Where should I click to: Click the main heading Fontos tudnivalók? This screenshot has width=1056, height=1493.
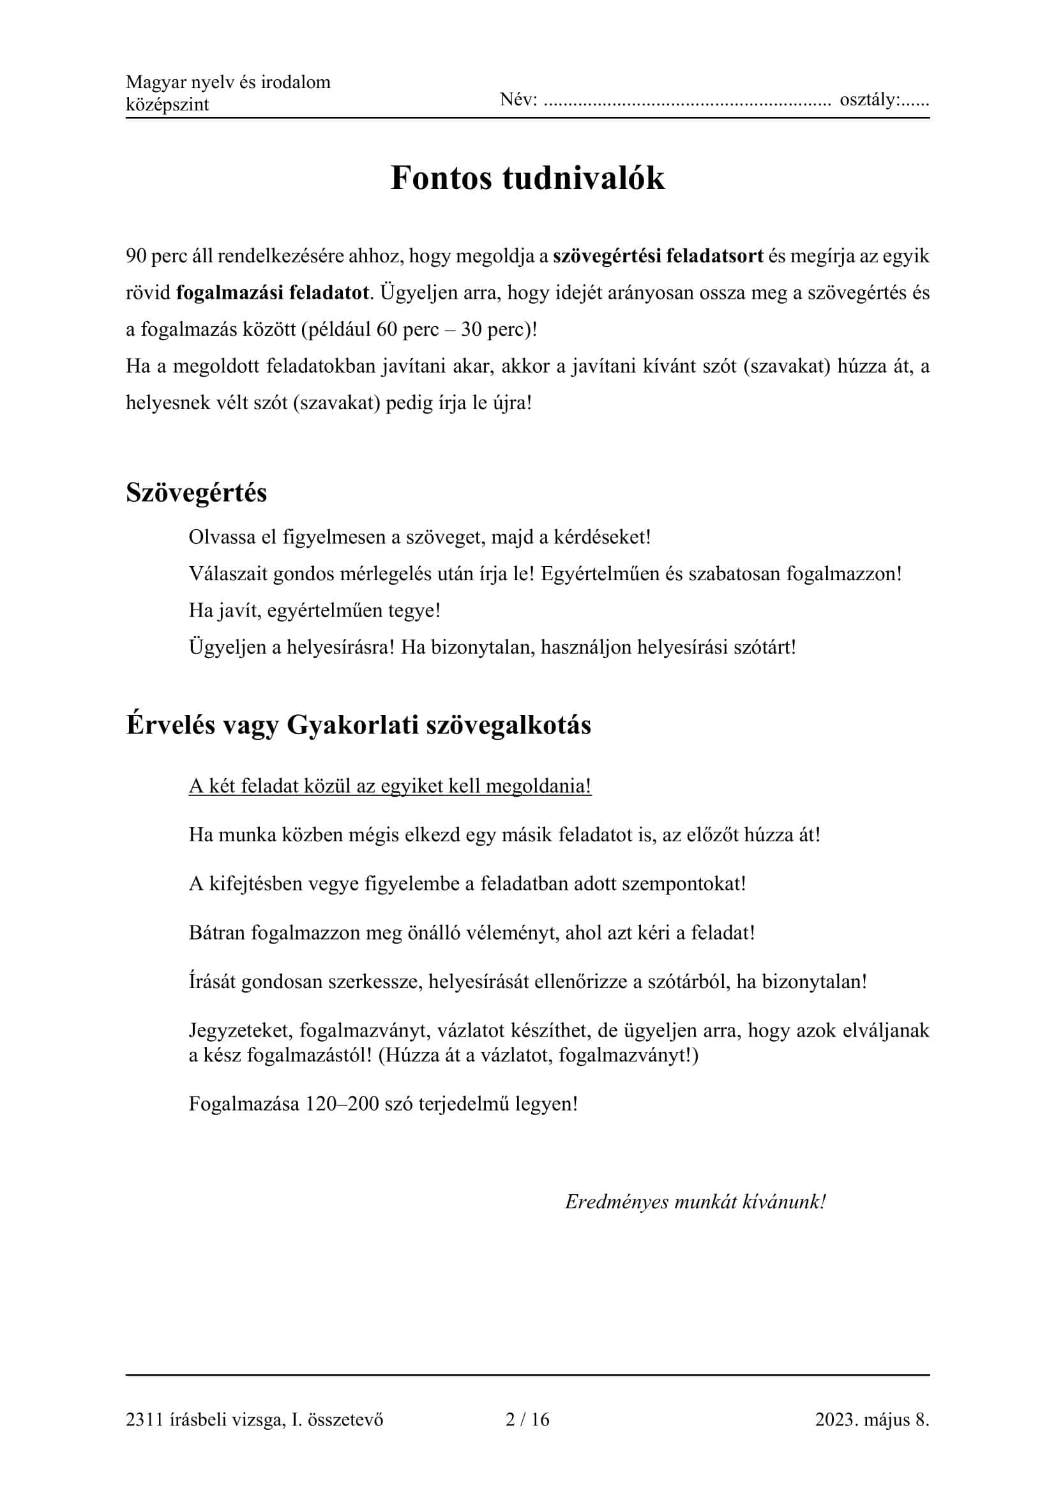[527, 178]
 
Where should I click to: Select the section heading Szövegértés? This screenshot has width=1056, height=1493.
[197, 492]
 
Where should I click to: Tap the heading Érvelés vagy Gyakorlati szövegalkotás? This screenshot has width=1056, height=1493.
[358, 725]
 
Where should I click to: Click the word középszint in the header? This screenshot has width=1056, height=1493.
[167, 105]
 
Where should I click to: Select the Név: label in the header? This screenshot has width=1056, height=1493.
[518, 100]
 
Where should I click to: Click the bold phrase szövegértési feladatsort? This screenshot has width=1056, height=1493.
[658, 256]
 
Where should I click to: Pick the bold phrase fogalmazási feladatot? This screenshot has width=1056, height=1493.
[273, 292]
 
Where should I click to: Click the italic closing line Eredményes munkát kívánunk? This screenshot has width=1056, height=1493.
[695, 1202]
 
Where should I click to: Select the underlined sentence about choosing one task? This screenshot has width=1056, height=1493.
[390, 786]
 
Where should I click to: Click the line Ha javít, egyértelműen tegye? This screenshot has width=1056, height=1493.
[315, 611]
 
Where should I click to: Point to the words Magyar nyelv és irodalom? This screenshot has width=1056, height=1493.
[227, 82]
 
